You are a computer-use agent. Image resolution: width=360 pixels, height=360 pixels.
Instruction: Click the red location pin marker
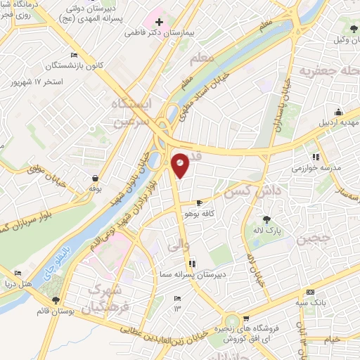click(181, 164)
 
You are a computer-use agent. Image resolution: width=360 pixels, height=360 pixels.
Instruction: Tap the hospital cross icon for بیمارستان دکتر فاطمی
click(160, 22)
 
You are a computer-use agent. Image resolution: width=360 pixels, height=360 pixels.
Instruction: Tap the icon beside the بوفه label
click(92, 179)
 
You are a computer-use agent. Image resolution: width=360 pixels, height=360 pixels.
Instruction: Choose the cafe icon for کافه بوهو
click(200, 202)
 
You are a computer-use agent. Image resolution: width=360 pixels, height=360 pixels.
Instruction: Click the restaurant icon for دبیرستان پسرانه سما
click(192, 265)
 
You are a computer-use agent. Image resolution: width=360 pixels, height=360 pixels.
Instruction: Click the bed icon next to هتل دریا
click(18, 273)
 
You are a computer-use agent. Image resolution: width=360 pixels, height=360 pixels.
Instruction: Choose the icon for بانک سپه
click(309, 293)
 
